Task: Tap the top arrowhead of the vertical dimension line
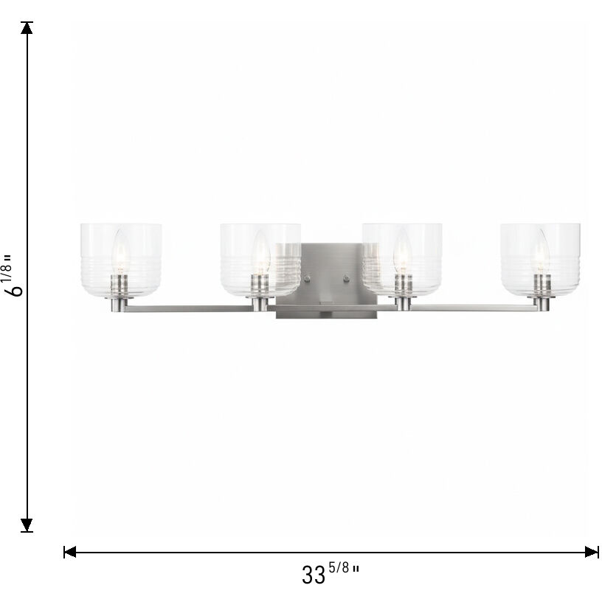tap(27, 29)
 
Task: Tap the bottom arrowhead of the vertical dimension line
tap(27, 525)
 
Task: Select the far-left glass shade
tap(120, 258)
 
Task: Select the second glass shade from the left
tap(260, 258)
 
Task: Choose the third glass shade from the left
tap(402, 258)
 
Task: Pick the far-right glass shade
tap(542, 258)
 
